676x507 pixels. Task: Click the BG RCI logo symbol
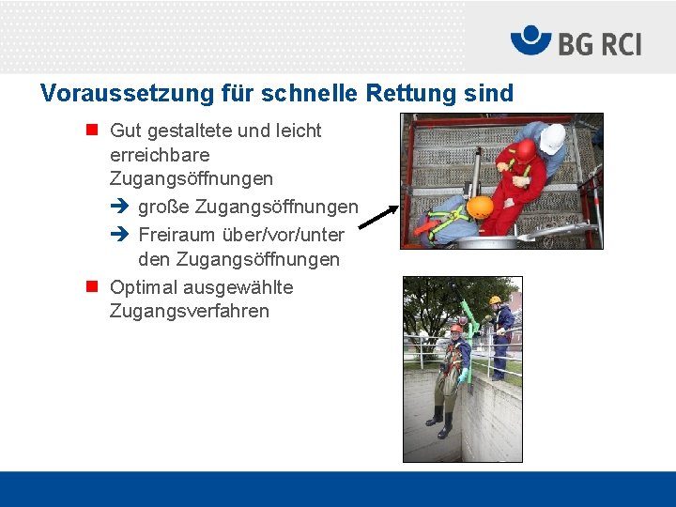pyautogui.click(x=530, y=40)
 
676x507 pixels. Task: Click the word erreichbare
pyautogui.click(x=160, y=154)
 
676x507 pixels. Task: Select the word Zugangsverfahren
pyautogui.click(x=190, y=311)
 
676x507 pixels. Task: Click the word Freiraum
pyautogui.click(x=177, y=235)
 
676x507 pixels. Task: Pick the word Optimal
pyautogui.click(x=144, y=287)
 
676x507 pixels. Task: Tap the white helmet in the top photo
pyautogui.click(x=552, y=138)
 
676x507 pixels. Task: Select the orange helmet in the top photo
pyautogui.click(x=480, y=207)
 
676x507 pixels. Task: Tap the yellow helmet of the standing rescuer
pyautogui.click(x=495, y=300)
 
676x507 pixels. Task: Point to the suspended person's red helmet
pyautogui.click(x=456, y=330)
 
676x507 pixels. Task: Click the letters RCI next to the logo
pyautogui.click(x=615, y=43)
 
